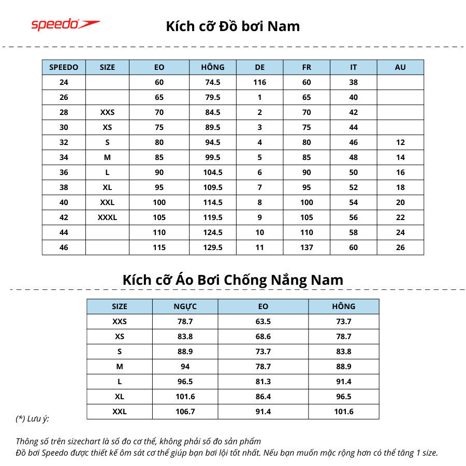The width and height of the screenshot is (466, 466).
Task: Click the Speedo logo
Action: click(x=65, y=24)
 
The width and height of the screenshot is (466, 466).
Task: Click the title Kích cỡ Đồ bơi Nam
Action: click(x=232, y=26)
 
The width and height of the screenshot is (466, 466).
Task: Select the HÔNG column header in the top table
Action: click(x=213, y=67)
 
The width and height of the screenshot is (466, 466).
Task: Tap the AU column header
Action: click(x=400, y=67)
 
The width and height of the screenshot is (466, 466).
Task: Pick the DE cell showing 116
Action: click(x=259, y=82)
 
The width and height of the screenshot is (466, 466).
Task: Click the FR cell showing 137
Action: click(x=307, y=247)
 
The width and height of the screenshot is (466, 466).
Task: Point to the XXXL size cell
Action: click(x=107, y=217)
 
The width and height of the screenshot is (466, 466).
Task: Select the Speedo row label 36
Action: click(x=64, y=172)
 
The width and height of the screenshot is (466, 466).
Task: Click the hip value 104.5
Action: click(x=213, y=172)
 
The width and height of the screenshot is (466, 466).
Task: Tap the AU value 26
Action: click(x=400, y=247)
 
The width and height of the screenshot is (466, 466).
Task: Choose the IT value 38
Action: click(x=353, y=82)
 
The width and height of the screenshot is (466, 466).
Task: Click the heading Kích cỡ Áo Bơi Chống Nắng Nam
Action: click(x=232, y=280)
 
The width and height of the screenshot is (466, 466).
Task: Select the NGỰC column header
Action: click(x=185, y=307)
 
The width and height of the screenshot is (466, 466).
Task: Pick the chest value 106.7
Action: click(x=185, y=412)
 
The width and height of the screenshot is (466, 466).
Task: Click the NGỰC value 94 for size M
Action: click(x=185, y=367)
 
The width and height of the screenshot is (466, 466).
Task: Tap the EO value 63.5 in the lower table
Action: click(x=263, y=322)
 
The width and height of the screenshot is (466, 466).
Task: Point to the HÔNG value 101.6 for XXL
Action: click(x=343, y=412)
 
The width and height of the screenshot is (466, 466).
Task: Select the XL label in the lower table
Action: click(x=119, y=397)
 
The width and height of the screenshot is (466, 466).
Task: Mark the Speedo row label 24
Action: click(x=64, y=82)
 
